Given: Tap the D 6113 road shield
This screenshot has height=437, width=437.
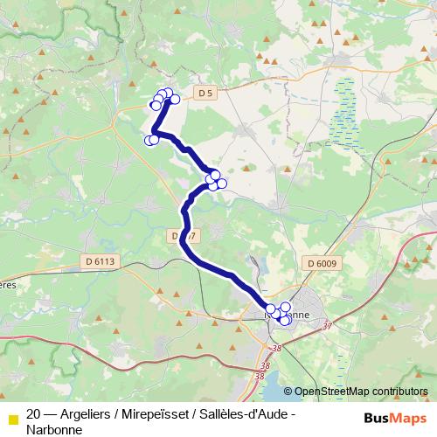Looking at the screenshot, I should (101, 261).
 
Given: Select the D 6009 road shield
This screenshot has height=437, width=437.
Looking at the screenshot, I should (321, 262).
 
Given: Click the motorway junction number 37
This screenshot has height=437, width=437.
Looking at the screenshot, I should (328, 326).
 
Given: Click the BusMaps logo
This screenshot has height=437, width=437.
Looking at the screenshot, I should (394, 417).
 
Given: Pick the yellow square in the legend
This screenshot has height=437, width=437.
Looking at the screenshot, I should (11, 416).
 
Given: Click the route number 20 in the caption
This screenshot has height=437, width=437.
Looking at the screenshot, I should (33, 414).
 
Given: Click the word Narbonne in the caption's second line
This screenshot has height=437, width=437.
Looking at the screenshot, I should (54, 429).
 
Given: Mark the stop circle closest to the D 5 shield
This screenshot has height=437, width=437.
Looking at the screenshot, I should (175, 99).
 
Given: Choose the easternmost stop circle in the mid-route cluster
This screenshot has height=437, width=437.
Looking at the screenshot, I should (222, 183).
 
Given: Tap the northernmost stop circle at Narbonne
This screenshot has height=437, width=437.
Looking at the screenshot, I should (285, 307).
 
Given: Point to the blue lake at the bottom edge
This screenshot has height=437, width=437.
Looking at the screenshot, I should (277, 384).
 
